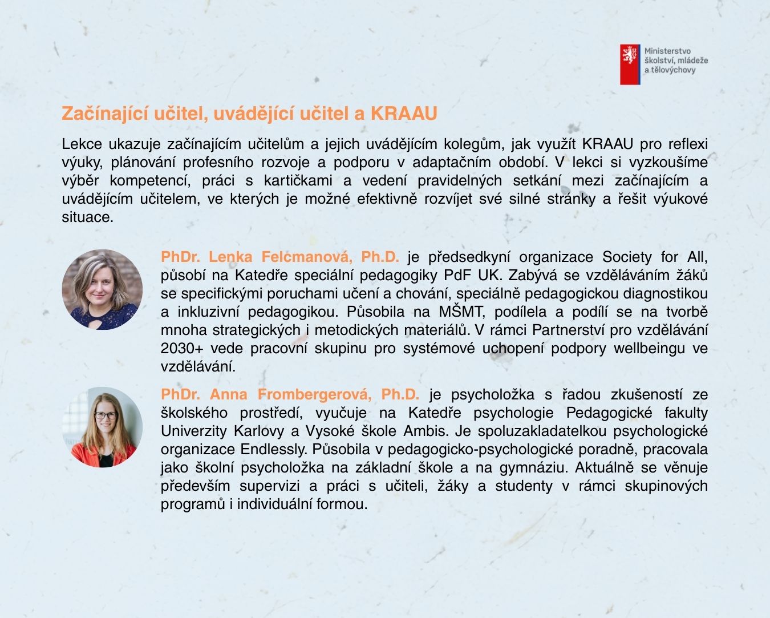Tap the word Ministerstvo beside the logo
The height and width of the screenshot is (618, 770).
tap(667, 51)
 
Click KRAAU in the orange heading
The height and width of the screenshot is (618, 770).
tap(404, 114)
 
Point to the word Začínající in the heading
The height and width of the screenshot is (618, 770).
tap(105, 114)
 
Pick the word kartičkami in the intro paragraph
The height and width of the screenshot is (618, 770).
tap(298, 181)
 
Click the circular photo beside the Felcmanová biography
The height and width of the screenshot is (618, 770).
tap(102, 290)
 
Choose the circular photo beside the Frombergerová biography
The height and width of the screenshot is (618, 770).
tap(102, 427)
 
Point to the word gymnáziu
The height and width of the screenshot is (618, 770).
tap(533, 467)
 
